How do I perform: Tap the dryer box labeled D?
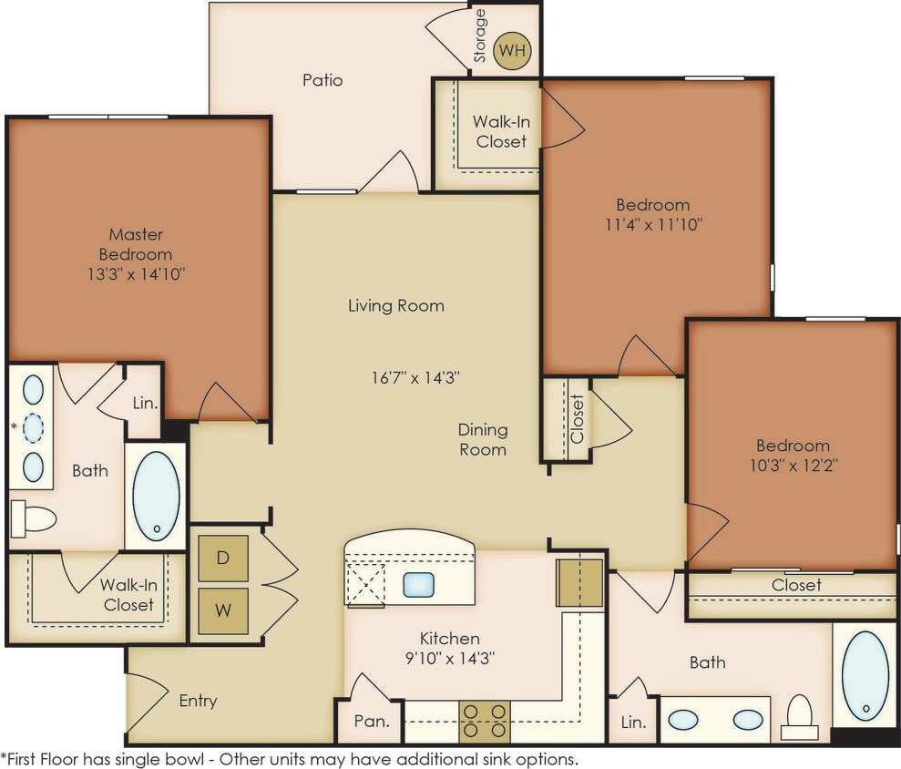pos(223,558)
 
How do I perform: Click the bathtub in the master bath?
pos(156,495)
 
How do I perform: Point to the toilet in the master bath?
pos(34,518)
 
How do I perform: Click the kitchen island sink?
pos(418,584)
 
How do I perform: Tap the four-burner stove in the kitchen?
pos(484,721)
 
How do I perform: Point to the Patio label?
pos(323,80)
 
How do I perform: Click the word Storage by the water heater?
pos(480,36)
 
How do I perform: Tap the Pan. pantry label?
pos(371,722)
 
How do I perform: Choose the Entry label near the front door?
pos(198,701)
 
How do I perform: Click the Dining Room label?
pos(483,439)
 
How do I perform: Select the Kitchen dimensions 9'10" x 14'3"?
pos(449,656)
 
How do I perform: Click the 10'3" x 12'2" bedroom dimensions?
pos(793,464)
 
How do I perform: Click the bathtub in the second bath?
pos(865,675)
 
